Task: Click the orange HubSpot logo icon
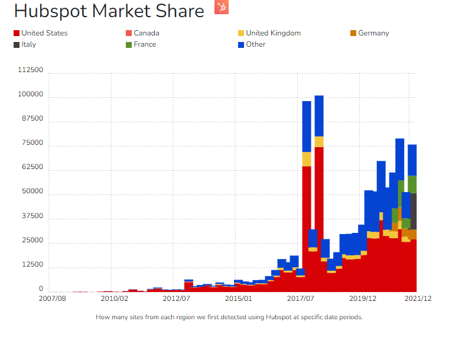pos(222,7)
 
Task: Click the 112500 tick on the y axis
pos(31,70)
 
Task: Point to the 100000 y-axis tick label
pos(31,95)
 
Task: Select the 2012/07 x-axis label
pos(173,299)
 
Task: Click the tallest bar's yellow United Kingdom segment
pos(319,142)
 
